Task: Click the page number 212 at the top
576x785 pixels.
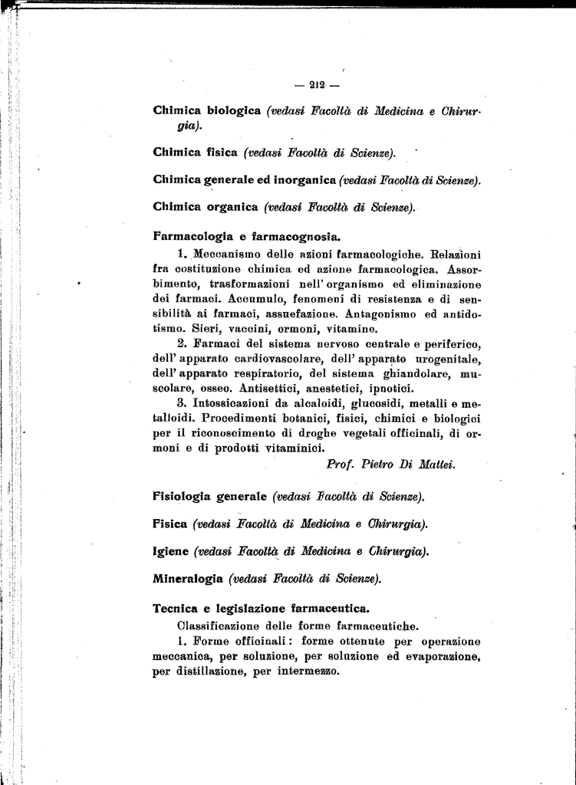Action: (x=317, y=85)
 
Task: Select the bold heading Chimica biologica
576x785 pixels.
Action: (x=208, y=111)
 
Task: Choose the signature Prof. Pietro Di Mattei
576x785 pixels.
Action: (x=390, y=464)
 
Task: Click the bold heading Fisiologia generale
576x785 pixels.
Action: (x=209, y=497)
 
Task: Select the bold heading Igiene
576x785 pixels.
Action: (x=171, y=550)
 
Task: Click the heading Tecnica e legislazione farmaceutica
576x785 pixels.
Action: (x=262, y=609)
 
